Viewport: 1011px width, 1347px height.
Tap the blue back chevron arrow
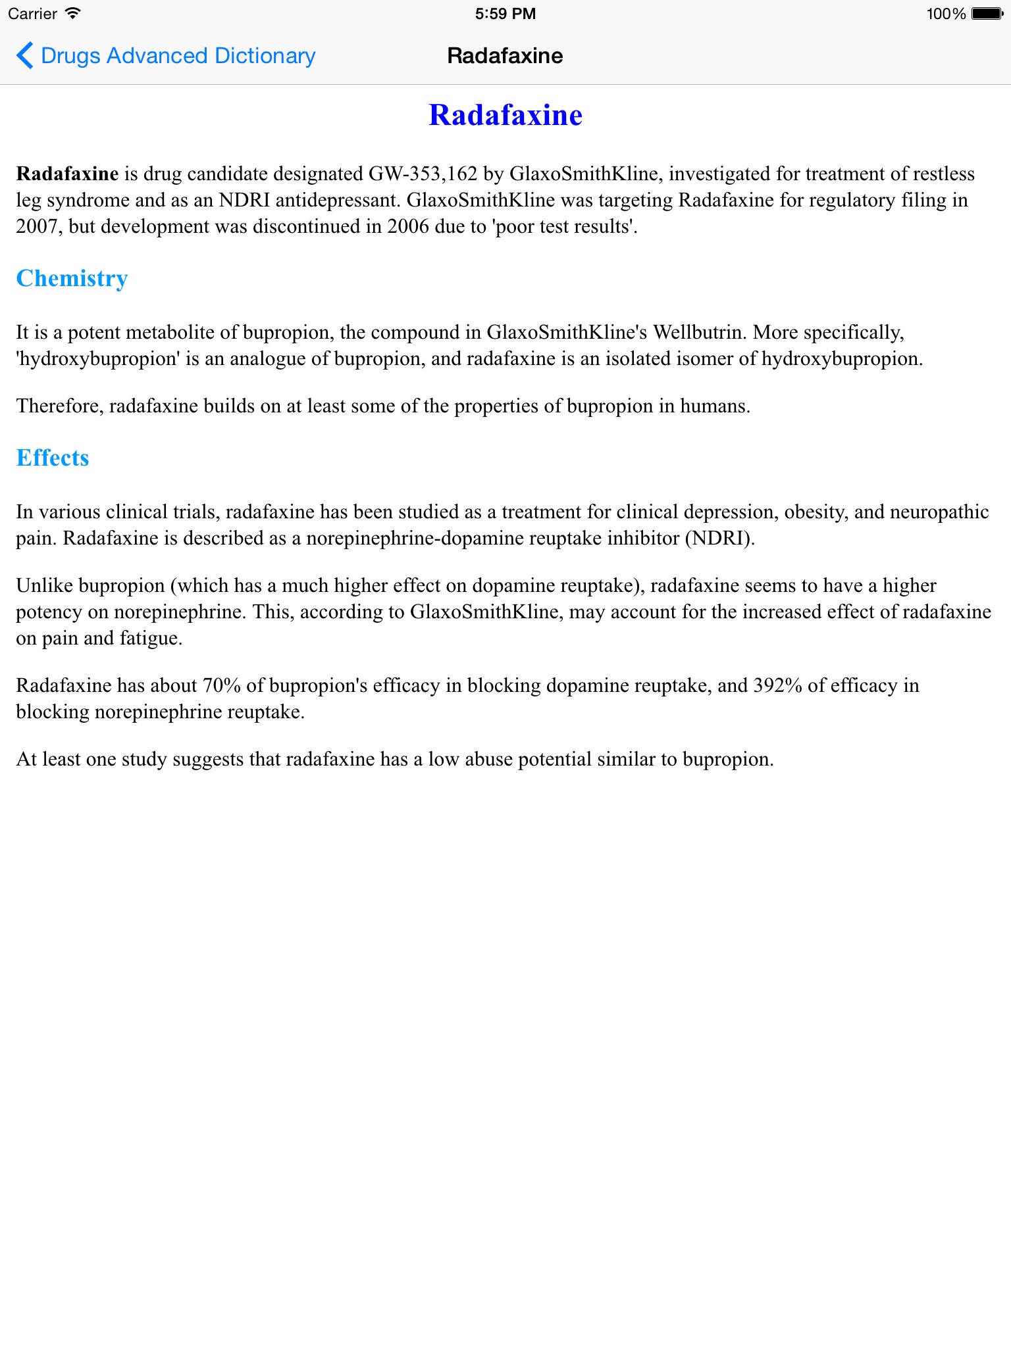[x=24, y=55]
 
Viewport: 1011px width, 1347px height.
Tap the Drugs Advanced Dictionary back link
[x=178, y=56]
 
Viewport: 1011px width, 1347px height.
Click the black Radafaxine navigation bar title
[x=505, y=56]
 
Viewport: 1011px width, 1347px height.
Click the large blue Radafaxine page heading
[x=505, y=115]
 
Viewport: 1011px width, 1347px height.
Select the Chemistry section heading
[x=72, y=278]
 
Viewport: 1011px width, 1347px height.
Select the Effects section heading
[x=53, y=458]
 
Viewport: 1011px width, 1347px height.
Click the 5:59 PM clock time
[x=505, y=14]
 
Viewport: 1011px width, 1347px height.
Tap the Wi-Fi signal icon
[x=73, y=14]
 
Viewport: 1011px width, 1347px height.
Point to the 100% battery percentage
[x=946, y=14]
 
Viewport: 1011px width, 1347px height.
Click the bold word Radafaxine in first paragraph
[x=67, y=174]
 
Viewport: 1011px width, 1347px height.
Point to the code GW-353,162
[x=423, y=174]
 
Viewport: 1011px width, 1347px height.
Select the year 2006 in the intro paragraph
[x=408, y=226]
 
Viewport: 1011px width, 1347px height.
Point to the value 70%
[x=221, y=685]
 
